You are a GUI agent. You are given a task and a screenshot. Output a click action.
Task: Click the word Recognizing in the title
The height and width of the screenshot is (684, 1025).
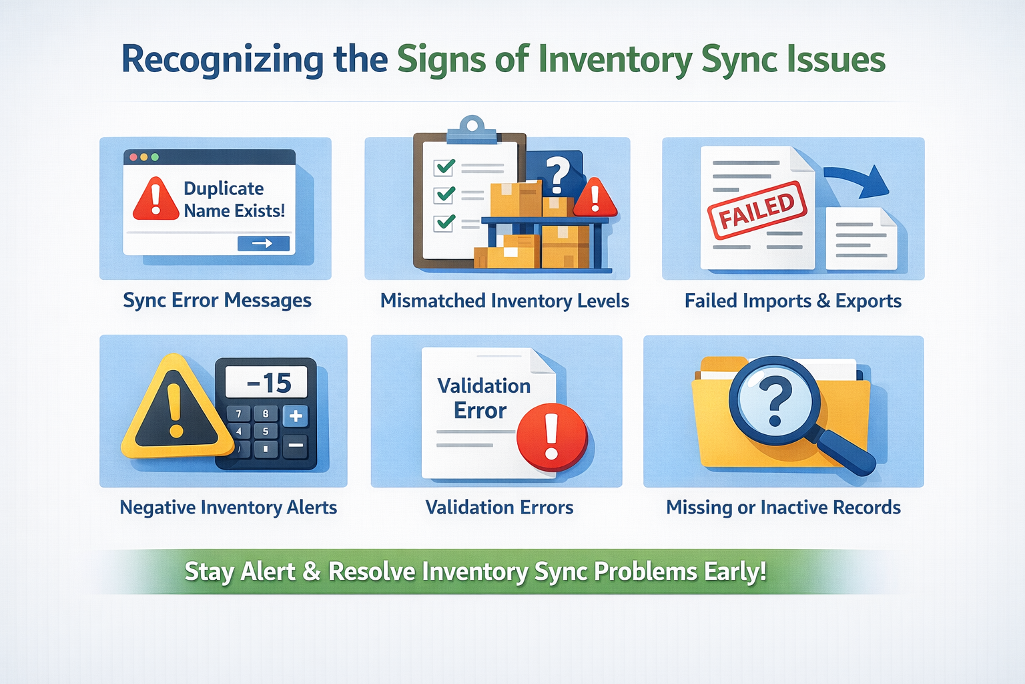coord(222,60)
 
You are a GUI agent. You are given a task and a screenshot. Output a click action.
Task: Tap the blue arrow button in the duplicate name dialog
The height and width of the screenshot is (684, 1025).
coord(263,244)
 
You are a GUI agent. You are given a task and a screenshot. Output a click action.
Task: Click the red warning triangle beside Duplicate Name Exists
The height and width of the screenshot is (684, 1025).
coord(155,200)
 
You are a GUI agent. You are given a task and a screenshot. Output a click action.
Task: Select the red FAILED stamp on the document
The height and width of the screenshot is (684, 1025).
coord(757,210)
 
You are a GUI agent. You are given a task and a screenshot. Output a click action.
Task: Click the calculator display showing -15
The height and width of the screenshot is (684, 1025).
coord(267,383)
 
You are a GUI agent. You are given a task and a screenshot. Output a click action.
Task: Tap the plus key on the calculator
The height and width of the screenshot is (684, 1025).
coord(296,416)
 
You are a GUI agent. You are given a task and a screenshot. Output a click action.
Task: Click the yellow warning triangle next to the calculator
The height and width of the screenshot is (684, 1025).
coord(176,409)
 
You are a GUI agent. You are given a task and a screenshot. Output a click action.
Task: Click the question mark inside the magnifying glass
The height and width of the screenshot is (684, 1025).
coord(775,401)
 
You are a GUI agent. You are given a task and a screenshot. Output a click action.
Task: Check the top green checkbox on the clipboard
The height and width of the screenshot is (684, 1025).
coord(444,166)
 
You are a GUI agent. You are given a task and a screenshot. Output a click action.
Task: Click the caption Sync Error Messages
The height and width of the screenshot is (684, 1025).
coord(217,301)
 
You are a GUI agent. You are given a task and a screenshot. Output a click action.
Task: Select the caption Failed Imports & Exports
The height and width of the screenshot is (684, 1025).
coord(793,301)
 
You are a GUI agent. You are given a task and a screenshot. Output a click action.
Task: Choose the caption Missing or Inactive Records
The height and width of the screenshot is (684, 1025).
coord(783,508)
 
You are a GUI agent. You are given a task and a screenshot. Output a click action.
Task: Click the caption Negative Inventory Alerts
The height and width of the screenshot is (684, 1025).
coord(228,508)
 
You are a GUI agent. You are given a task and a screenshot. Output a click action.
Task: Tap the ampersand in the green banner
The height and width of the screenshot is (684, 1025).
coord(311,572)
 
